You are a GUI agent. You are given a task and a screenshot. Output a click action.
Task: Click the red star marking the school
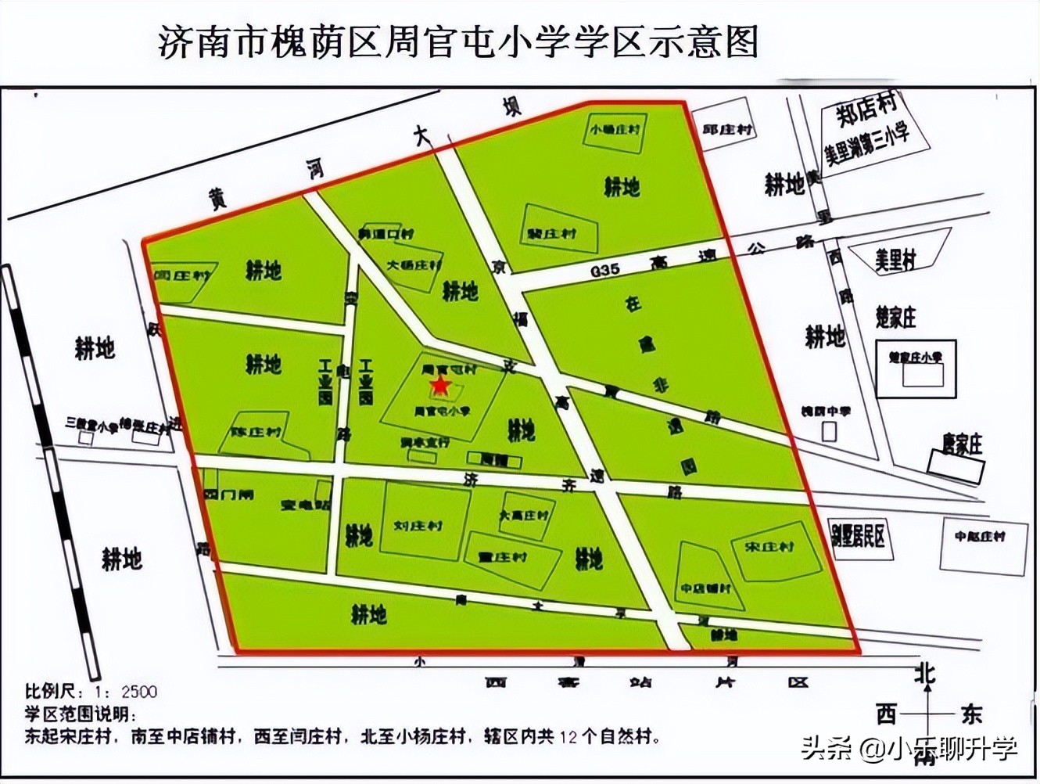440,385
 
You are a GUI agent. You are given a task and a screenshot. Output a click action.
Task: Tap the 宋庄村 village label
769,547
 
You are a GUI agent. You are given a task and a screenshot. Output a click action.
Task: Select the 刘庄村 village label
418,526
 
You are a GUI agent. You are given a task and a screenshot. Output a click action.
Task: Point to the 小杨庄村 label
618,129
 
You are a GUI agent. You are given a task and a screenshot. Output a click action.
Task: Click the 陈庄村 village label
256,432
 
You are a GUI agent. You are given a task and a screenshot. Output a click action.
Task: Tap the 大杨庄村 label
414,265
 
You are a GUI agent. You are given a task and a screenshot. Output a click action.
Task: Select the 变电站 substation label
305,505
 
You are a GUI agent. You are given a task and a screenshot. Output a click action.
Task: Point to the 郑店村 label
866,112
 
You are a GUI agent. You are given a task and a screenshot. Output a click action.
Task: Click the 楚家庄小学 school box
916,358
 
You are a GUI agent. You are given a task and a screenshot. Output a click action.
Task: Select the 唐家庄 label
962,444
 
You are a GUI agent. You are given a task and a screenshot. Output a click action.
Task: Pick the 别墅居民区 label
858,537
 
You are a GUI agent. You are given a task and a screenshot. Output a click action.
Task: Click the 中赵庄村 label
980,537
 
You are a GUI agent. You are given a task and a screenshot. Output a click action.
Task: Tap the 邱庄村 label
727,129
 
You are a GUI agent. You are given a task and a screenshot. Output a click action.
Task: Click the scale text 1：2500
126,692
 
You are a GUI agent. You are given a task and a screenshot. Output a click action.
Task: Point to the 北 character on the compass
926,674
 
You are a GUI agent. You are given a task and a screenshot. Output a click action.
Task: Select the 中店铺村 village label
705,588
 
